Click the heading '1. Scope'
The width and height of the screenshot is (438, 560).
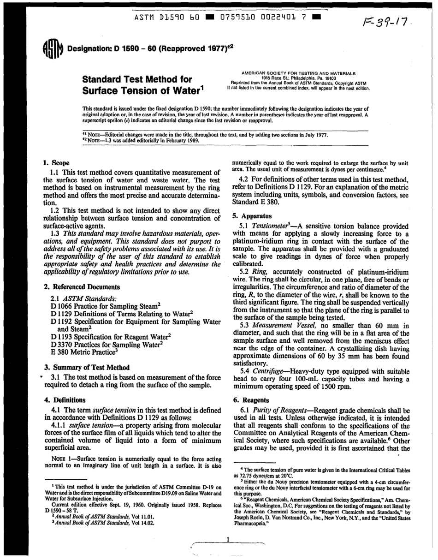coord(56,163)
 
